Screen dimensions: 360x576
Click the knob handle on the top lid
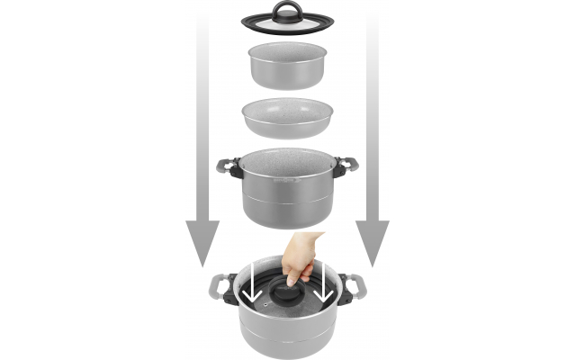coord(288,12)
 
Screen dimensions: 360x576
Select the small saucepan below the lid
coord(287,67)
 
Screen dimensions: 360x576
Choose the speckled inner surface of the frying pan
coord(287,112)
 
